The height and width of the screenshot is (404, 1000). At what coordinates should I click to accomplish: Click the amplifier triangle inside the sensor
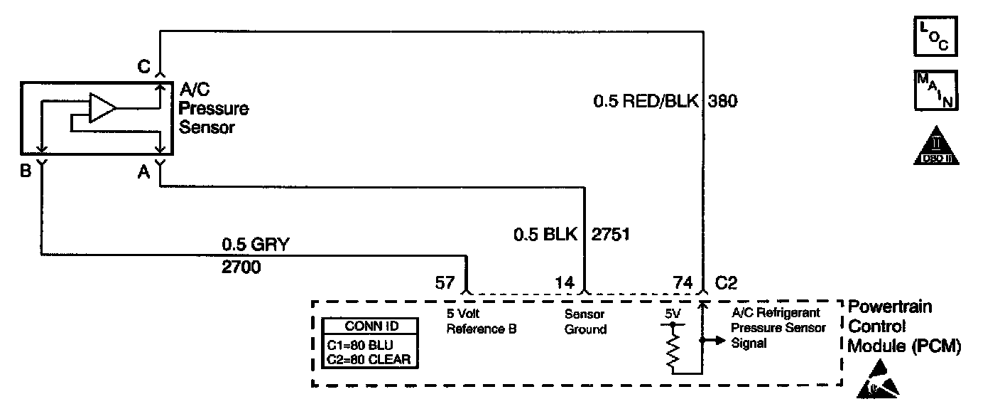(102, 108)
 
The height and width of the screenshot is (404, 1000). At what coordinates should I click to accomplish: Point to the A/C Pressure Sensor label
(213, 109)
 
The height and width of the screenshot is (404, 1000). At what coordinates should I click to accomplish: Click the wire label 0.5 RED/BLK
(645, 102)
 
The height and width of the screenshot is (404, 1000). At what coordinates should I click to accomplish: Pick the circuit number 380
(723, 102)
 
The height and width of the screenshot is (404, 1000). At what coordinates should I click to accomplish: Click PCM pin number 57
(445, 282)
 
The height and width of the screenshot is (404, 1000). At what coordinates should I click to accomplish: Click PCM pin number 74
(682, 282)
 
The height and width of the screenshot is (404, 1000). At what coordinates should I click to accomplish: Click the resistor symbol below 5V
(671, 351)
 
